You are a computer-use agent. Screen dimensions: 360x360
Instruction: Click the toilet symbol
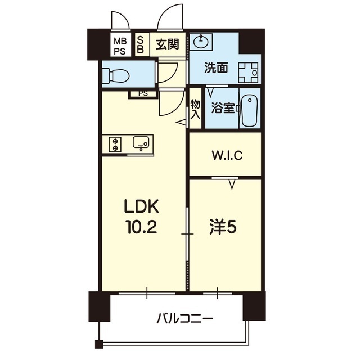coord(116,75)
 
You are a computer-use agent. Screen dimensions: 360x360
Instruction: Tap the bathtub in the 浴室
coord(250,111)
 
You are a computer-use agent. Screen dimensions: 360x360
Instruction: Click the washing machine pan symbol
coord(248,73)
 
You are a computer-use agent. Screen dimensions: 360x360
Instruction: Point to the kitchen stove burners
coord(115,144)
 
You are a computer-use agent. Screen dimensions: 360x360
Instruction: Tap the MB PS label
coord(120,47)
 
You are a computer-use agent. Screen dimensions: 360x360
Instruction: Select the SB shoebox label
coord(140,45)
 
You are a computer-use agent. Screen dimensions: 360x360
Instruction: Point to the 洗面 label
coord(216,68)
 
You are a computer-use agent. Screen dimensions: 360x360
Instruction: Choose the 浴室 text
coord(223,108)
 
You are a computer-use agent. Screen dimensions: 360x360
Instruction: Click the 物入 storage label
coord(195,110)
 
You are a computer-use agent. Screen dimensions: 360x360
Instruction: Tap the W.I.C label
coord(227,155)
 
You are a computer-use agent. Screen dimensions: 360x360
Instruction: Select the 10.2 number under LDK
coord(141,226)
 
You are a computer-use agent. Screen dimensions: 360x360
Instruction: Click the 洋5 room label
coord(223,227)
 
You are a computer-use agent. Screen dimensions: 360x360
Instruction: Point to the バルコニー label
coord(184,318)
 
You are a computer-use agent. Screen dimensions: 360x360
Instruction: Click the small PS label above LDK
coord(143,94)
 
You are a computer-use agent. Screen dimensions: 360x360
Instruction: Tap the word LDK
coord(141,206)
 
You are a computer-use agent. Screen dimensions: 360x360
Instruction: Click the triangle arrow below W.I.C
coord(232,184)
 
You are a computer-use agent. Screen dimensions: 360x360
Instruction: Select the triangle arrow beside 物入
coord(181,123)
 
